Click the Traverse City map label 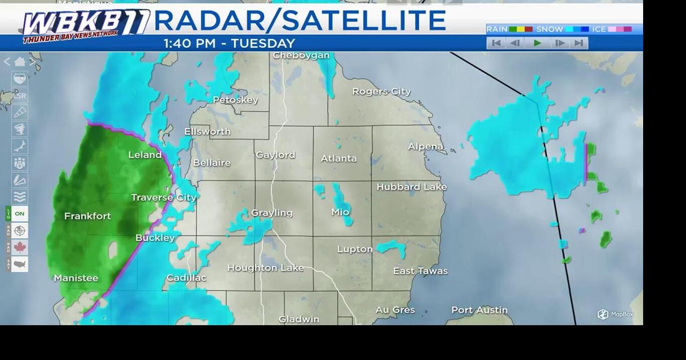point(164,198)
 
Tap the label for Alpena point(426,147)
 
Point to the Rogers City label point(381,92)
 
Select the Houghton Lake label point(265,268)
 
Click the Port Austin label point(479,310)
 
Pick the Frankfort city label point(87,216)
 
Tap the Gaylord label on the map point(275,155)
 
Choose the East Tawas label point(420,271)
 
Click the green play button point(538,43)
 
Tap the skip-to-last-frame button point(579,43)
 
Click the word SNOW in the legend point(549,29)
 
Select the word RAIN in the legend point(497,29)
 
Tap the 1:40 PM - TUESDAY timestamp point(229,44)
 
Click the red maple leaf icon point(20,247)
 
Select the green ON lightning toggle point(19,214)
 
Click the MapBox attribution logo point(615,314)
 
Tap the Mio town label point(340,212)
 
